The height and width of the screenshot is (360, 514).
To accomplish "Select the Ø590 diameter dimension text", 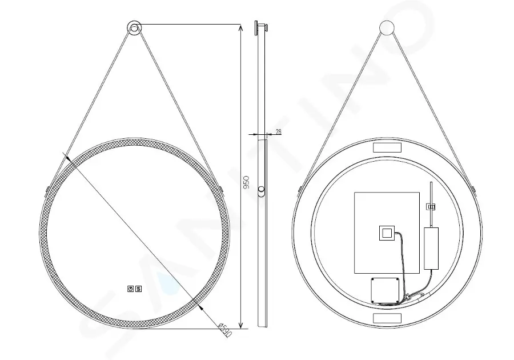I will point(224,327).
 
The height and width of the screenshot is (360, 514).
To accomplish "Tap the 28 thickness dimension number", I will point(278,131).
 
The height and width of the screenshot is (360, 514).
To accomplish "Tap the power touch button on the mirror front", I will point(130,289).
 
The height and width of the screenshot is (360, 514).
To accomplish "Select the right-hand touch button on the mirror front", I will point(138,289).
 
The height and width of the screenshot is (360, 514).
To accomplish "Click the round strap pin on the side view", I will point(261,190).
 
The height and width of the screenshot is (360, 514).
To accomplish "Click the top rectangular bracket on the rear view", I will point(387,147).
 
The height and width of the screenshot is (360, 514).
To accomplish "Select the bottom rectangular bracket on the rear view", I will point(387,317).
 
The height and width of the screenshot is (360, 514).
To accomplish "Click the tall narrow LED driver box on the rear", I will point(431,248).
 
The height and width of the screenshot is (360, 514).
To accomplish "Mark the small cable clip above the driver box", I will point(432,207).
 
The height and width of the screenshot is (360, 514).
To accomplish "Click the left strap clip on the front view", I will point(47,188).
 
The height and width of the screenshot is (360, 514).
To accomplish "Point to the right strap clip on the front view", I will point(222,188).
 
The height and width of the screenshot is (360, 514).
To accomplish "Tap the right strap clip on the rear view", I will point(475,188).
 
